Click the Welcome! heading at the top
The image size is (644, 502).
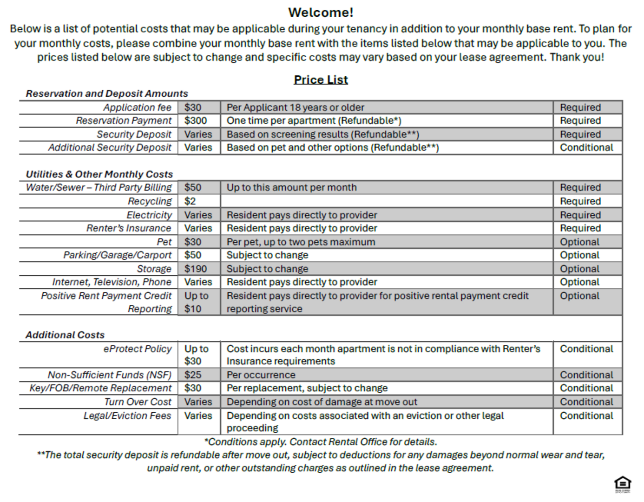321,13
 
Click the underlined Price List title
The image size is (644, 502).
321,80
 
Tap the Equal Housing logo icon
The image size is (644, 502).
623,484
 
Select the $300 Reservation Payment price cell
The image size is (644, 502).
196,121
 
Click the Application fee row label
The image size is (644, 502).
137,107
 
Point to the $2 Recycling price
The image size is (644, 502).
190,201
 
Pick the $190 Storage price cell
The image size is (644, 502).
196,269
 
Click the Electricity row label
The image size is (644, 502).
149,215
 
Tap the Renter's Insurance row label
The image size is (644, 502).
129,228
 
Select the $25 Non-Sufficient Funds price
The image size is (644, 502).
193,375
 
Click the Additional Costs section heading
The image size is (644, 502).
65,335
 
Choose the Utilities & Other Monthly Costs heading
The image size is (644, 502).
99,174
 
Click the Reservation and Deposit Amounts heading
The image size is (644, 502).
107,93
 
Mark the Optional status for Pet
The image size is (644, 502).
579,242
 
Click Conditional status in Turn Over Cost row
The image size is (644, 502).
586,402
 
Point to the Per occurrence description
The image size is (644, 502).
261,375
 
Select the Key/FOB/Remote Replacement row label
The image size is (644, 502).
100,388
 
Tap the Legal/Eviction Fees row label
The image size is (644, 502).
127,416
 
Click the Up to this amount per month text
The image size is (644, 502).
292,187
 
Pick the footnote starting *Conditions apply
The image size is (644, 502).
321,442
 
